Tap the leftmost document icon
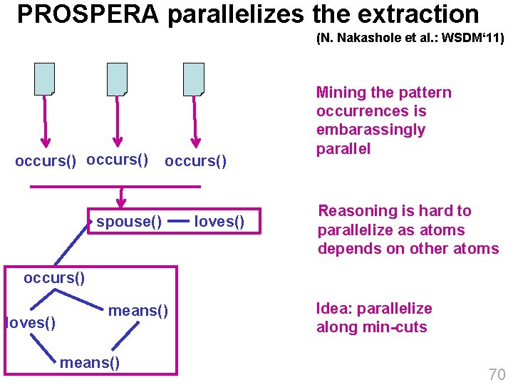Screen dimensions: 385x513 [x=44, y=79]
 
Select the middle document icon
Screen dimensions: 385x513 [x=117, y=79]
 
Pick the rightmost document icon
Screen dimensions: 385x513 [x=193, y=79]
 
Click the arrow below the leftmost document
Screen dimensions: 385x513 [x=46, y=121]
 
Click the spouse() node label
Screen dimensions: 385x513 [x=129, y=222]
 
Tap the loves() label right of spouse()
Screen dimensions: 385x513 [x=219, y=222]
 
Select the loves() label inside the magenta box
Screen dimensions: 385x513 [x=31, y=323]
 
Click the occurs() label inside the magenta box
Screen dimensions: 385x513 [x=54, y=278]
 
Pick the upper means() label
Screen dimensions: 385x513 [x=138, y=310]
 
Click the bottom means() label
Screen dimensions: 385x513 [x=90, y=363]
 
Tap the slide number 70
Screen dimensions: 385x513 [x=497, y=374]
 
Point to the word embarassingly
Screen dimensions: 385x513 [x=370, y=130]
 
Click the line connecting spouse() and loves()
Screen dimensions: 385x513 [x=179, y=222]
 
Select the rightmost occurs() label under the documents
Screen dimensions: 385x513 [x=196, y=162]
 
